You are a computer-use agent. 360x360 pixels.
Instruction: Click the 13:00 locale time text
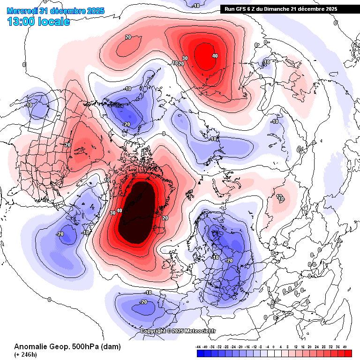coord(39,21)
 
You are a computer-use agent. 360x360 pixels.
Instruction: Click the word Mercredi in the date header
coord(22,11)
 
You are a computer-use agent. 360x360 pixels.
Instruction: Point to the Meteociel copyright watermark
coord(178,331)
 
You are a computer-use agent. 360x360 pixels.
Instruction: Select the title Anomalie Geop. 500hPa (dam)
coord(67,347)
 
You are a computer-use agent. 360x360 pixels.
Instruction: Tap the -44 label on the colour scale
coord(199,347)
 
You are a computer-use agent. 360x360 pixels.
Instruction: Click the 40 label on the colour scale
coord(345,347)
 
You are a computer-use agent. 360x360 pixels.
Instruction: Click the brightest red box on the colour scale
coord(348,353)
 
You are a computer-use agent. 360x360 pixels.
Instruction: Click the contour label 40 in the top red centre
coord(215,56)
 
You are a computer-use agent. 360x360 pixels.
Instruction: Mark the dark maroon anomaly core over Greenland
coord(137,212)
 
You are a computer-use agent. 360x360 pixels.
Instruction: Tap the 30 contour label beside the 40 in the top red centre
coord(185,59)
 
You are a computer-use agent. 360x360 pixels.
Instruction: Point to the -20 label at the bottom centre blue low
coord(144,302)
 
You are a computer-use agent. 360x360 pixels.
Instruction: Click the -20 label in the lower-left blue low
coord(60,234)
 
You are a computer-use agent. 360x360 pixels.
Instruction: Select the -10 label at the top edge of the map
coord(196,6)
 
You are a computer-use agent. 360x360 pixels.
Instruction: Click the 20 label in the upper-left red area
coord(128,37)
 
